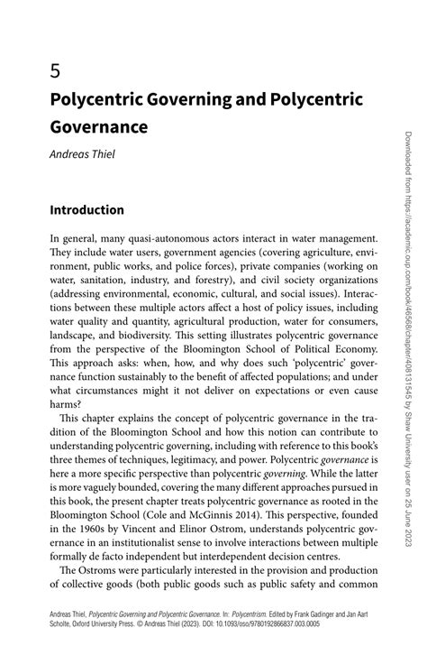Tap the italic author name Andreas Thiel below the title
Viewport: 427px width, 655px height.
(x=83, y=153)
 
